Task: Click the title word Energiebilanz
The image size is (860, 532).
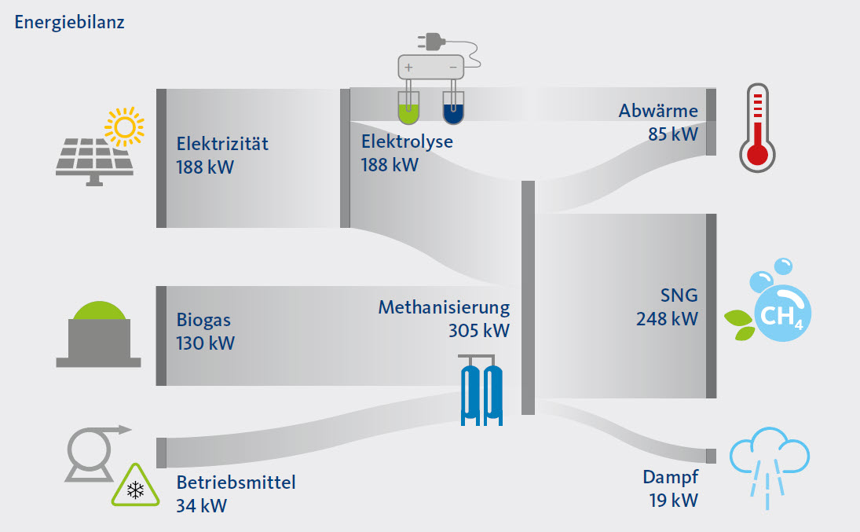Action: click(x=69, y=21)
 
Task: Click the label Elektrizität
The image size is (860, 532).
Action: click(x=222, y=144)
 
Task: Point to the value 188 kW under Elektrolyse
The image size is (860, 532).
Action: click(x=390, y=165)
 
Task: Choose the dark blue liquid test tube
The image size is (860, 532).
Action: click(x=454, y=108)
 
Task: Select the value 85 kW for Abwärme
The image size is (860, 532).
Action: click(x=672, y=134)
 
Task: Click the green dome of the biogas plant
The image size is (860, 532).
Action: click(x=98, y=308)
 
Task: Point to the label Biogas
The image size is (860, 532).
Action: click(x=203, y=321)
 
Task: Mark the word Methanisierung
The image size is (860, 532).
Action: click(x=444, y=307)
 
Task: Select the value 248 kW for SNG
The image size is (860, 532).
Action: click(x=667, y=318)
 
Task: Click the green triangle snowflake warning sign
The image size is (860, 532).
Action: click(x=135, y=486)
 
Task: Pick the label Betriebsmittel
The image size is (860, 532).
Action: click(x=236, y=482)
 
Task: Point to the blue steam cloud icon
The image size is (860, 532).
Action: click(x=769, y=463)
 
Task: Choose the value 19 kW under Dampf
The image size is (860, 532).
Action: click(x=673, y=499)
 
